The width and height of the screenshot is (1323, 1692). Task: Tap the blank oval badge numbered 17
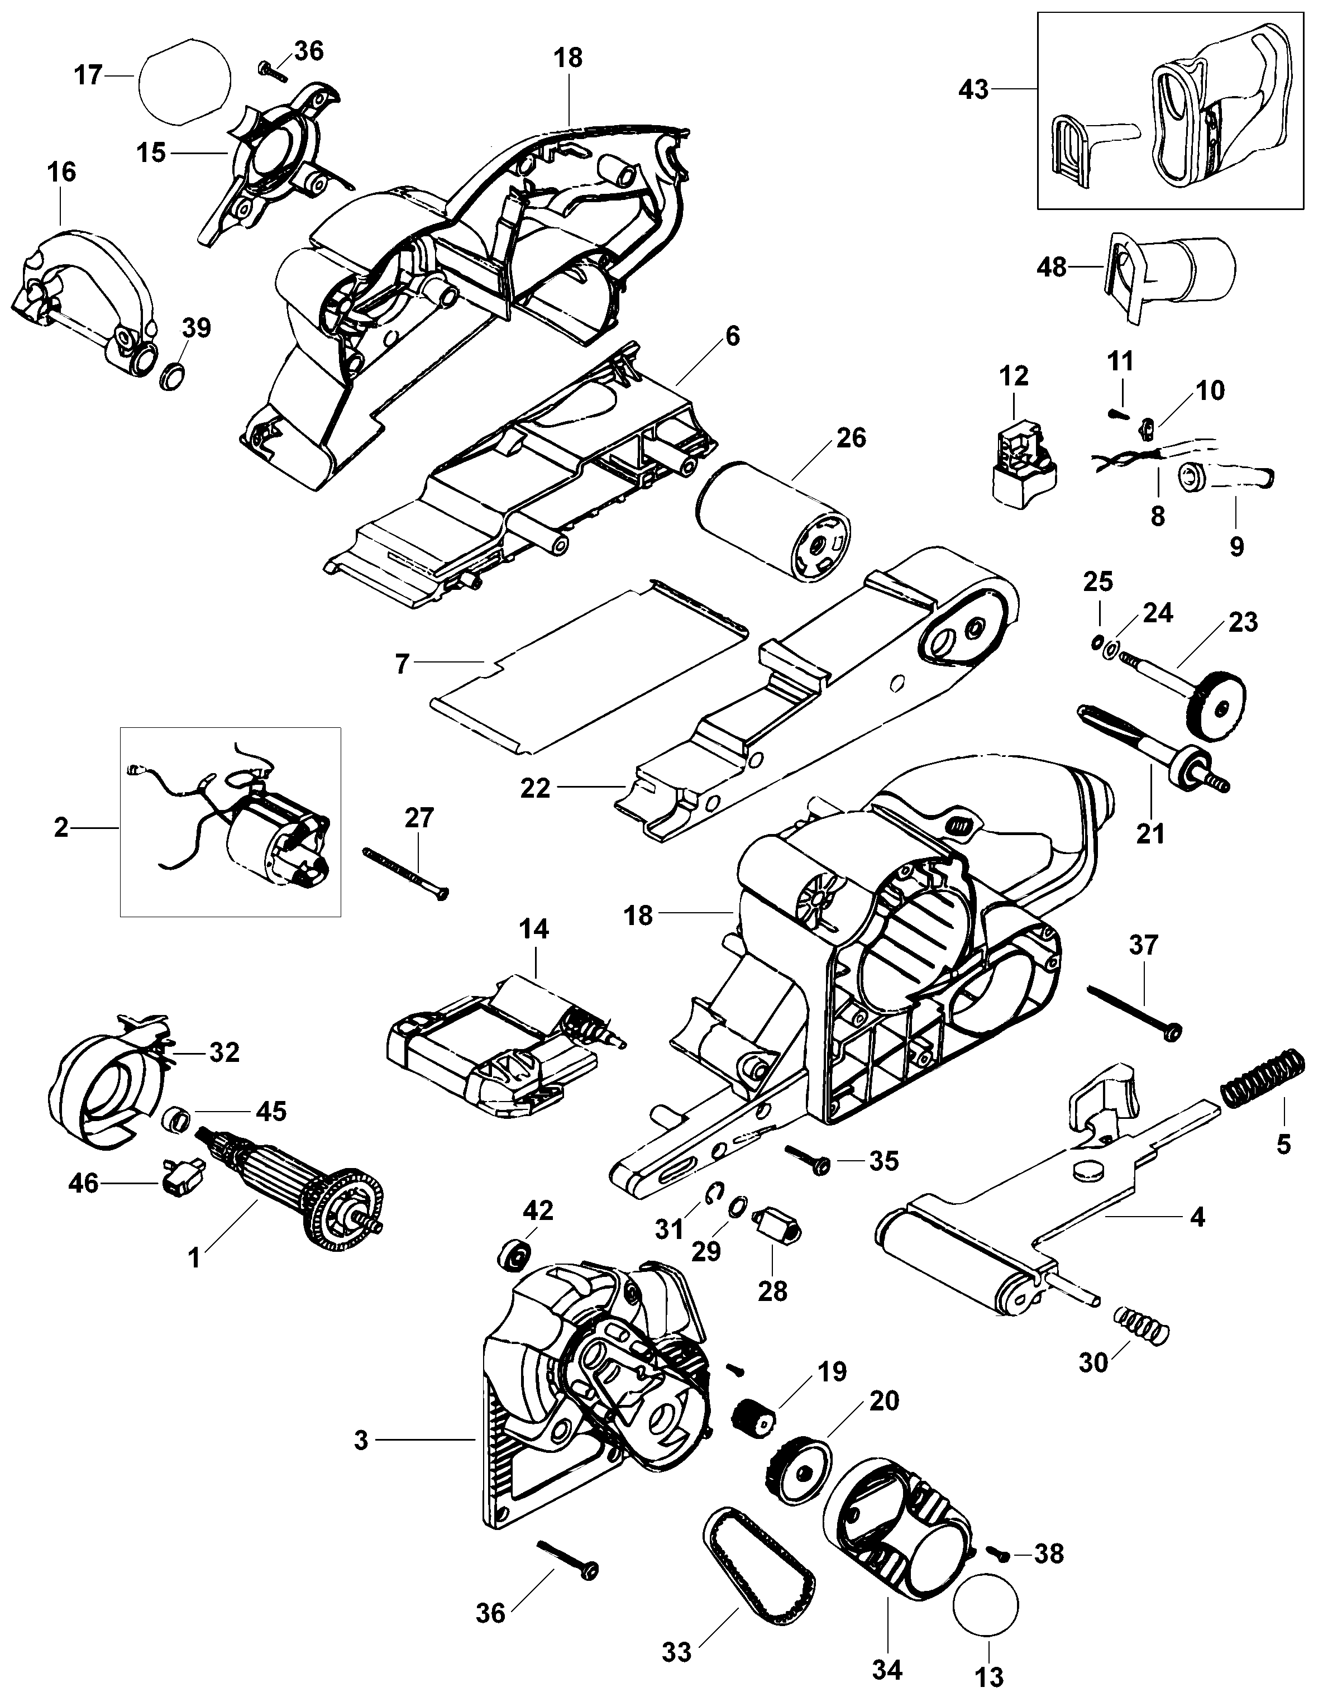[184, 80]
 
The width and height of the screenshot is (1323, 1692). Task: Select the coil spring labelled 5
[1259, 1079]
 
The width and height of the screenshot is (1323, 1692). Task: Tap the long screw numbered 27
[406, 873]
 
